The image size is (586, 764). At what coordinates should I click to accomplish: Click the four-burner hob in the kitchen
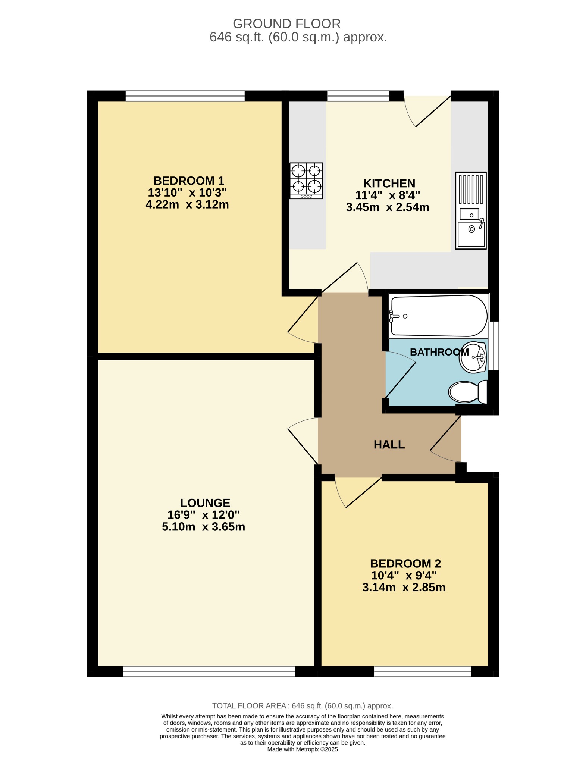coord(306,181)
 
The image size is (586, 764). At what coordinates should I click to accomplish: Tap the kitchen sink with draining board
coord(471,210)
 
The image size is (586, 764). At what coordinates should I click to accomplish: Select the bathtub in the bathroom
coord(438,316)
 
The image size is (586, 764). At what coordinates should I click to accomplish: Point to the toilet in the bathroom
coord(469,392)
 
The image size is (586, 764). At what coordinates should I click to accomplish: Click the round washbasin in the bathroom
coord(473,357)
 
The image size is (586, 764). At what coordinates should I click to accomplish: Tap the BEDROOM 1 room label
coord(189,181)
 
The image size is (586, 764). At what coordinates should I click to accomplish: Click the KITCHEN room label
coord(389,184)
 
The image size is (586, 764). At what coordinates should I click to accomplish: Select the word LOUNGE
coord(205,503)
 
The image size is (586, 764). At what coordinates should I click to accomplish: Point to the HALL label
coord(389,445)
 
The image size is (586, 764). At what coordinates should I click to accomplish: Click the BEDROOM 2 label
coord(405,563)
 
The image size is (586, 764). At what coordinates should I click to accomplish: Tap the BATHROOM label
coord(439,352)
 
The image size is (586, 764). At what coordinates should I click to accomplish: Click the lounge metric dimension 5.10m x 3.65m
coord(203,527)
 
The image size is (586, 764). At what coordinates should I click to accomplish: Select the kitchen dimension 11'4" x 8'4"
coord(388,195)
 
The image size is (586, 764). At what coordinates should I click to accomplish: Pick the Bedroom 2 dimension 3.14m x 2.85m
coord(404,588)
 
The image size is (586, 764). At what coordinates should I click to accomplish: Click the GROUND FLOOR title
coord(286,24)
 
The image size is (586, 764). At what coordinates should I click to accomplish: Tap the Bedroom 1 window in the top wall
coord(185,96)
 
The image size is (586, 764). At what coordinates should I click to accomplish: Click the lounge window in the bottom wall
coord(209,671)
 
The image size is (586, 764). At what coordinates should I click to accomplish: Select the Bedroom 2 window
coord(423,671)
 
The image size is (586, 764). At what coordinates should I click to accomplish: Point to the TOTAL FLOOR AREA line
coord(303,706)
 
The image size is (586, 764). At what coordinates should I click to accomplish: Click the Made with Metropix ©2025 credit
coord(303,749)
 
